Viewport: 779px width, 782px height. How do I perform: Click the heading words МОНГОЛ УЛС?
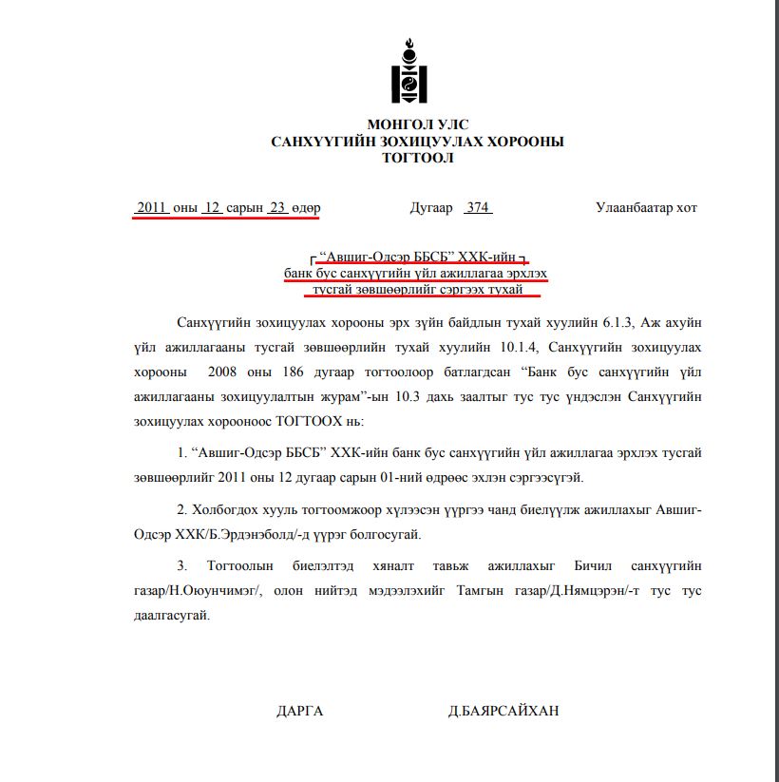tap(418, 124)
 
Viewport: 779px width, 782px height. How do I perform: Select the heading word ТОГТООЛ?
tap(418, 158)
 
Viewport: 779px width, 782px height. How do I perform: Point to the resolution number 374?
tap(478, 207)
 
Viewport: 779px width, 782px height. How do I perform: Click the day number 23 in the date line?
tap(277, 207)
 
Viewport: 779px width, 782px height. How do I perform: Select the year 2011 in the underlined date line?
tap(152, 207)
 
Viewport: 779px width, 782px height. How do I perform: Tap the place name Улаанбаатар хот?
tap(646, 207)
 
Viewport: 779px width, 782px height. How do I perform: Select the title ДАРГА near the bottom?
tap(300, 711)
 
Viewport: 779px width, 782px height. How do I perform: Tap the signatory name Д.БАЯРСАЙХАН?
tap(503, 711)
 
